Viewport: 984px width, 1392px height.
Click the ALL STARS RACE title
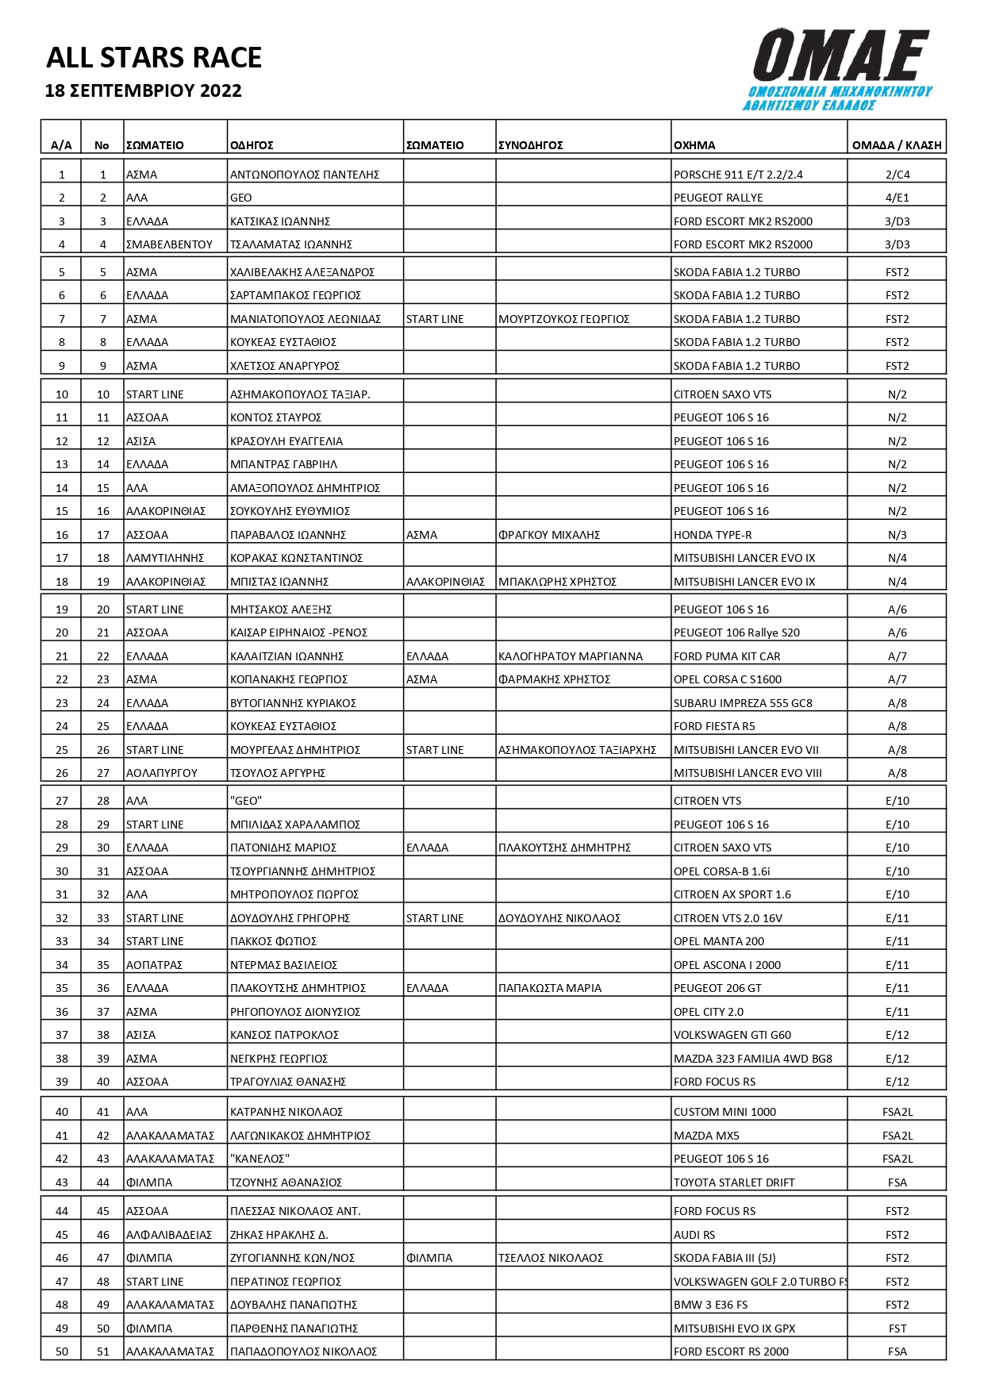pyautogui.click(x=154, y=58)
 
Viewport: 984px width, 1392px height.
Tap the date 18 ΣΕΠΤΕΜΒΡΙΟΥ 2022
pyautogui.click(x=144, y=90)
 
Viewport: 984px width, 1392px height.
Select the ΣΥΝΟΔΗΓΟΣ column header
pyautogui.click(x=530, y=145)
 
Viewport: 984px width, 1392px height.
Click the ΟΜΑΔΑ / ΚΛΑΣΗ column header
pyautogui.click(x=896, y=145)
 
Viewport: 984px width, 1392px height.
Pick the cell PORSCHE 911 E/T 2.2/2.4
pyautogui.click(x=737, y=175)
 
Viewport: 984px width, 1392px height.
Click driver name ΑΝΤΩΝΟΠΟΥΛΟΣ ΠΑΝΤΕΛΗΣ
pyautogui.click(x=305, y=175)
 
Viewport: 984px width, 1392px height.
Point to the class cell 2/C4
pyautogui.click(x=897, y=175)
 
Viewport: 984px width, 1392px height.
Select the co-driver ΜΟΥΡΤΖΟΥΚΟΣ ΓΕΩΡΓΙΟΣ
pyautogui.click(x=563, y=319)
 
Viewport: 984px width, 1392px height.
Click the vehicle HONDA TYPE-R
pyautogui.click(x=713, y=535)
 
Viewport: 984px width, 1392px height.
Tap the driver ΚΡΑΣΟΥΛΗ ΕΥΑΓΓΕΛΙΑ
pyautogui.click(x=286, y=441)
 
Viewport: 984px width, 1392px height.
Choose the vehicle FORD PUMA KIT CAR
pyautogui.click(x=726, y=656)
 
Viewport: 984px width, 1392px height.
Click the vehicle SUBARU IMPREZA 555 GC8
pyautogui.click(x=743, y=703)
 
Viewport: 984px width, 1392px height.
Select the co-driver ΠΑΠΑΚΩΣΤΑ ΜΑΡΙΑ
pyautogui.click(x=549, y=988)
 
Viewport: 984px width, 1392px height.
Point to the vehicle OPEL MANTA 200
pyautogui.click(x=718, y=941)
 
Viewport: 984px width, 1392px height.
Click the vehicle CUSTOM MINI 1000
pyautogui.click(x=725, y=1112)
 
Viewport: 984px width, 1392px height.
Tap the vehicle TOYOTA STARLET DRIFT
pyautogui.click(x=733, y=1182)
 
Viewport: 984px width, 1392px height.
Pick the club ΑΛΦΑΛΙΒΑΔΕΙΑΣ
pyautogui.click(x=169, y=1235)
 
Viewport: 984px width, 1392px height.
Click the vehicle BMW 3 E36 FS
pyautogui.click(x=710, y=1305)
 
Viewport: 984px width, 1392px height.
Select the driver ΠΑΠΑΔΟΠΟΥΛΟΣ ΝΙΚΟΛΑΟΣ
pyautogui.click(x=303, y=1352)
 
